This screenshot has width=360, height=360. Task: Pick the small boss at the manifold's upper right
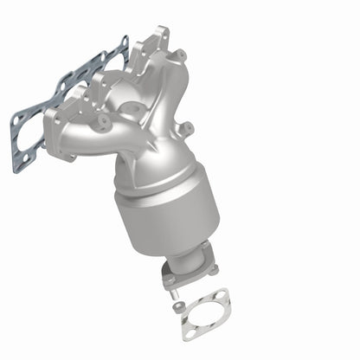pos(181,56)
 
